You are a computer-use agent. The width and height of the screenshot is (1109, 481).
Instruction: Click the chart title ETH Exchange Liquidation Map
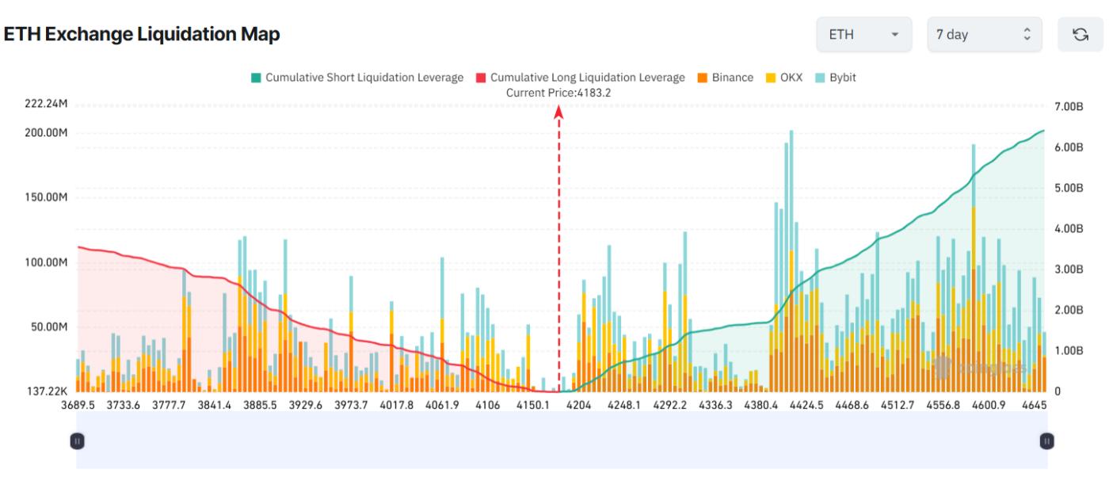point(142,35)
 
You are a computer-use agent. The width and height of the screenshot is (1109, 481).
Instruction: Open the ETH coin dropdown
point(863,35)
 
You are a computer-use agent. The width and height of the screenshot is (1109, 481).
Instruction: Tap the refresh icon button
point(1079,35)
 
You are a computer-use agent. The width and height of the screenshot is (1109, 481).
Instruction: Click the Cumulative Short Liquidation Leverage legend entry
point(357,78)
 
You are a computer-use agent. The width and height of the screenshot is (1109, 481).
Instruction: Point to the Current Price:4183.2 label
point(558,93)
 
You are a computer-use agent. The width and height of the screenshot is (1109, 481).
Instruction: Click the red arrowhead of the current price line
point(558,113)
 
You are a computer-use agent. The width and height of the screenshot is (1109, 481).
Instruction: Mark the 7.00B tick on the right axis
point(1069,106)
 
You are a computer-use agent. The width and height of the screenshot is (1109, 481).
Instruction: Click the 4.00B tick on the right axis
point(1069,228)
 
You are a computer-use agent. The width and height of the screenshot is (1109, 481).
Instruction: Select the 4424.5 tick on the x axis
point(805,405)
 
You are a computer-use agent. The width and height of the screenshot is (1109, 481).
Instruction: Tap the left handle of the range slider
point(76,440)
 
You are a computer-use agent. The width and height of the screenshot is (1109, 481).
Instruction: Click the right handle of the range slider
point(1047,440)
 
